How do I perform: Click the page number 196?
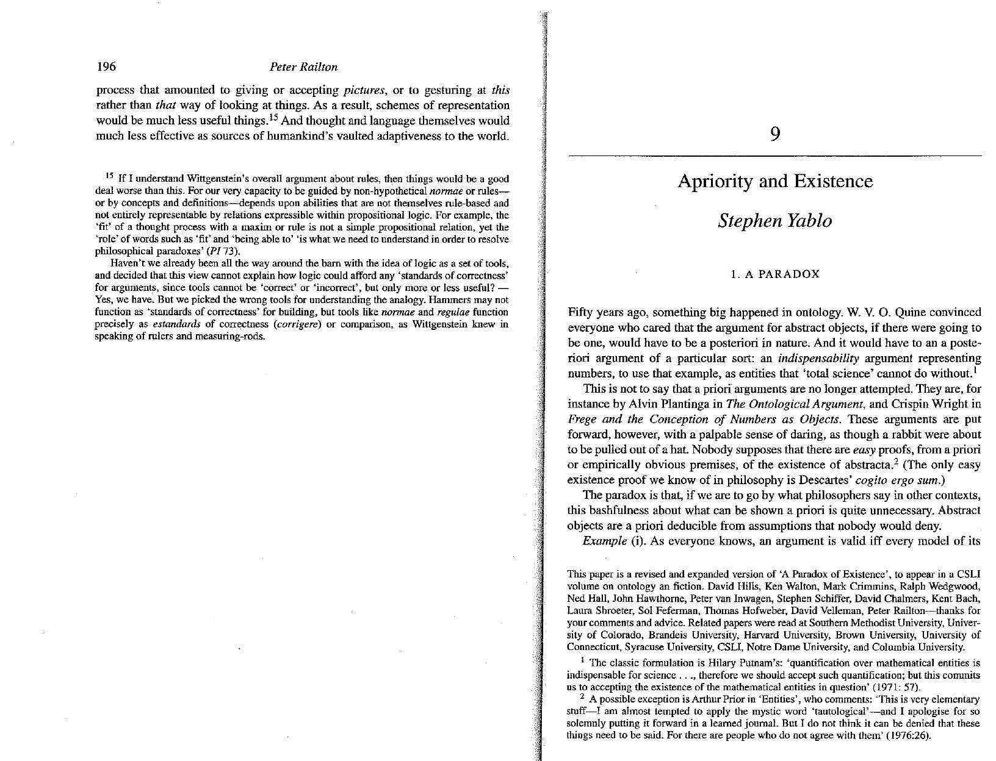coord(106,66)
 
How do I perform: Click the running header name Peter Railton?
coord(303,67)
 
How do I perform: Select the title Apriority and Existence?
coord(774,181)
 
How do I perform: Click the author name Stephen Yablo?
coord(774,220)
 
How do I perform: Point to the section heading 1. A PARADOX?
coord(774,274)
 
